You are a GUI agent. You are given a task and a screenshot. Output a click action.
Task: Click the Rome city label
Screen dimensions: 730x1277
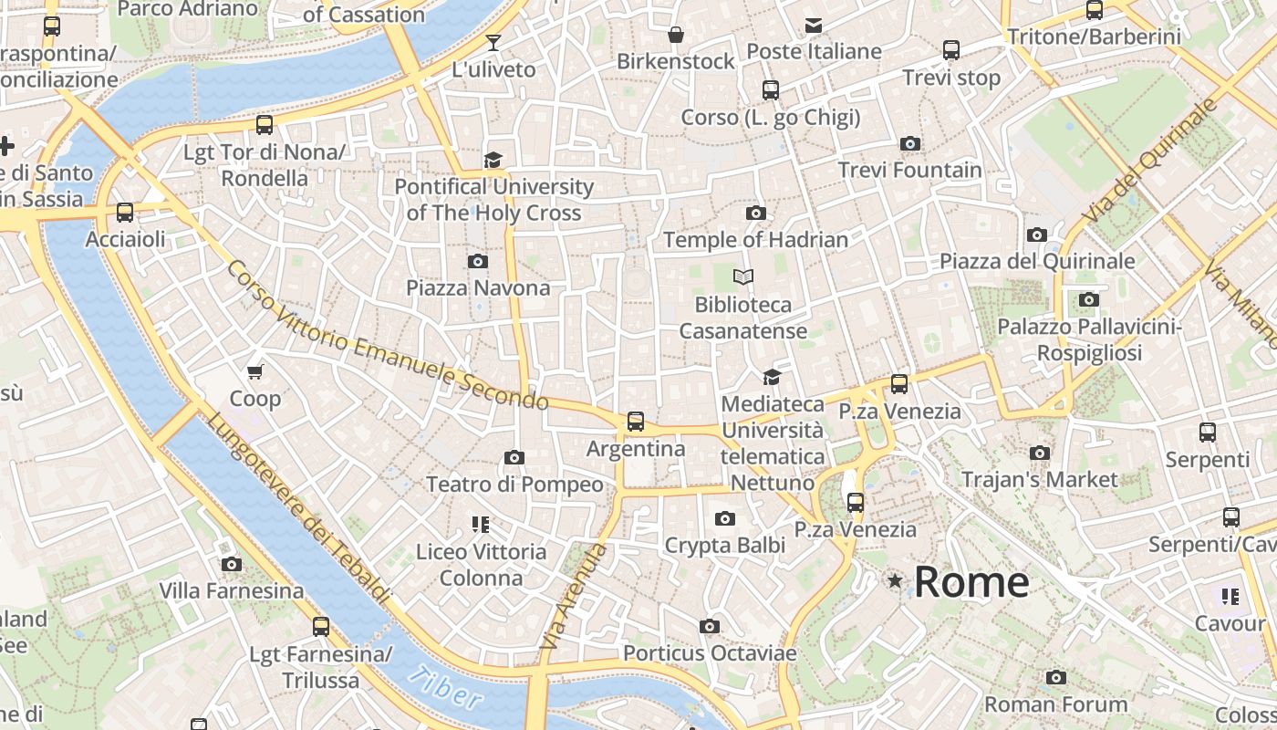(x=971, y=582)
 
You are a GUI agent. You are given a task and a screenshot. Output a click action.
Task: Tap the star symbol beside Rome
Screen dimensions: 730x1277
(x=895, y=580)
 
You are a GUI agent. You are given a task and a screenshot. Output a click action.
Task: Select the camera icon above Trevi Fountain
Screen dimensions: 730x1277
(x=909, y=143)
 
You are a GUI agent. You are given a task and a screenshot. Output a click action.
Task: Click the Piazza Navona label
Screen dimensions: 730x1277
(x=478, y=288)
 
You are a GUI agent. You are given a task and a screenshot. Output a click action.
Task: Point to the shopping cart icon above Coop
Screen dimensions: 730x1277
(x=255, y=371)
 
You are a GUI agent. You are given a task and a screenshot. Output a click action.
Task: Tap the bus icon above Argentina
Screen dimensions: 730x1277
(x=636, y=422)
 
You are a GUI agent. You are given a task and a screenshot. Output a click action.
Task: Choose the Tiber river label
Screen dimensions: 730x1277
(x=445, y=687)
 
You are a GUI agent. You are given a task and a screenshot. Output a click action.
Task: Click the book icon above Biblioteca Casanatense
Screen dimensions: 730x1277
(x=743, y=276)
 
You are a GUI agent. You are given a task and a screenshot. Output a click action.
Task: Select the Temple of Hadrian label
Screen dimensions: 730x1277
(x=755, y=240)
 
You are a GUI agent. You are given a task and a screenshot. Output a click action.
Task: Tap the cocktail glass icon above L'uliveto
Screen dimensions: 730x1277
(x=493, y=42)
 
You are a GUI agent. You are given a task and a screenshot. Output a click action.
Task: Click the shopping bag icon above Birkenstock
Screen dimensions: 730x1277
(x=676, y=35)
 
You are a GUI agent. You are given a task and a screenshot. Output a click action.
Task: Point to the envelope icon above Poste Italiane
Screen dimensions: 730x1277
(x=813, y=25)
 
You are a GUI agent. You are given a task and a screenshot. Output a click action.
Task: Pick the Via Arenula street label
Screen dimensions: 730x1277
(x=573, y=597)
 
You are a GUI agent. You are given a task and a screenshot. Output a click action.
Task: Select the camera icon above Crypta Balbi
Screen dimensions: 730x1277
(x=724, y=518)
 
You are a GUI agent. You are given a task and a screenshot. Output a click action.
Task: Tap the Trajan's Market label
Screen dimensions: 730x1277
(x=1039, y=480)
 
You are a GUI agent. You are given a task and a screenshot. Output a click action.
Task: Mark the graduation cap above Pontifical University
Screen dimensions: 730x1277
(x=493, y=160)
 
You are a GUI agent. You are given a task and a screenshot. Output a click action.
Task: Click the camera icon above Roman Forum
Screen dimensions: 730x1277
(x=1055, y=677)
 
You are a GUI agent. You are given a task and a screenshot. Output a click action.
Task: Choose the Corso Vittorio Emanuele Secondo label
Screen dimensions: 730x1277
(x=388, y=337)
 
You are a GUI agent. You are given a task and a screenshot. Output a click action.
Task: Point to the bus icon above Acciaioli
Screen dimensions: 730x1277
(x=125, y=213)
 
